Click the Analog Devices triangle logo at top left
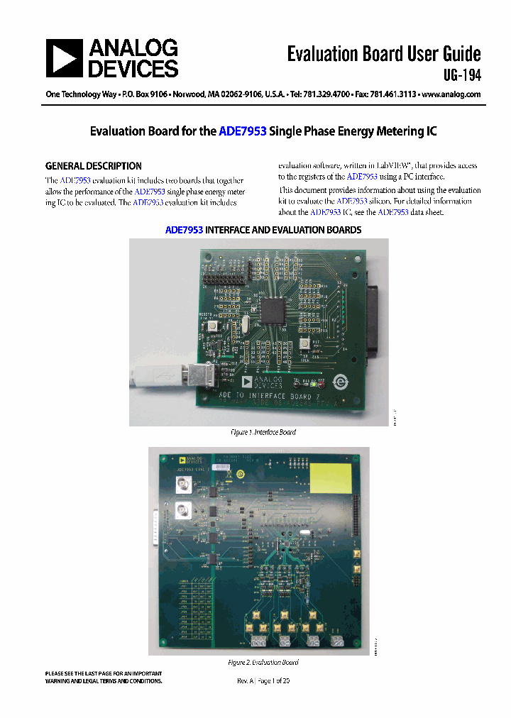pyautogui.click(x=65, y=58)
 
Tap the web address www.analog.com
pyautogui.click(x=451, y=94)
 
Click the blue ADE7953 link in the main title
pyautogui.click(x=243, y=131)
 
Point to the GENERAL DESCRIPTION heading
pyautogui.click(x=94, y=166)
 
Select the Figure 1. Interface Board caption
pyautogui.click(x=263, y=432)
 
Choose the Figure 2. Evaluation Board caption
pyautogui.click(x=263, y=662)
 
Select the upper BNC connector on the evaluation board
pyautogui.click(x=183, y=486)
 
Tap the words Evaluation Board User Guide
pyautogui.click(x=384, y=54)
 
